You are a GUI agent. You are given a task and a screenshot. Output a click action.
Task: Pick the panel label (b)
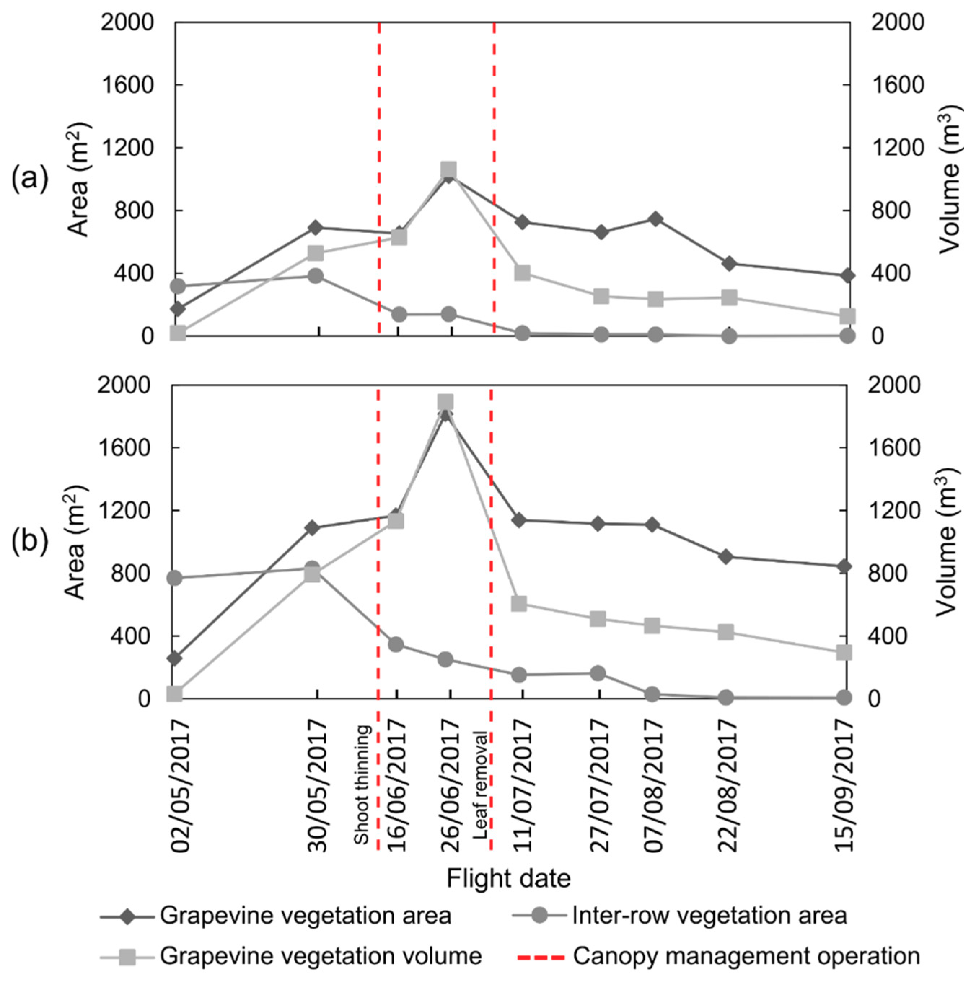pos(30,541)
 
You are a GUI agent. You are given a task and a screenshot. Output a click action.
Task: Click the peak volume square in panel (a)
pos(448,169)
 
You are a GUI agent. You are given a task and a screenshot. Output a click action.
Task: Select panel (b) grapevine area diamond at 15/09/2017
pos(844,566)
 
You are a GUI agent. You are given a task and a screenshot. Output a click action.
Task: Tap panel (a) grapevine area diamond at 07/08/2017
pos(656,219)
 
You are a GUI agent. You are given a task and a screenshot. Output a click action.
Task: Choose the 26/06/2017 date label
pos(449,786)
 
